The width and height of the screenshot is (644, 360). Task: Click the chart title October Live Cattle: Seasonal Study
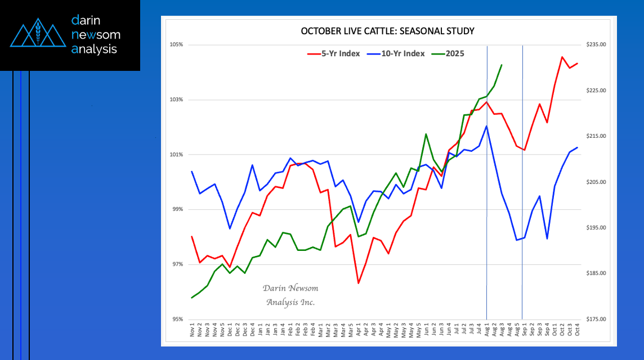point(388,31)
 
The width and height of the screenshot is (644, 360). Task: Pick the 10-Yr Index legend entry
point(396,53)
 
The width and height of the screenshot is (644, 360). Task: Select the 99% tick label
point(177,209)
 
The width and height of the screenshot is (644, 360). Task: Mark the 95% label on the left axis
point(177,319)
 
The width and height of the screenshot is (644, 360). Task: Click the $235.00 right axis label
point(596,44)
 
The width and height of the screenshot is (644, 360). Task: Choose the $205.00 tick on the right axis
point(596,182)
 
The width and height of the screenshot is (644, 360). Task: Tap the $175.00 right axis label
point(596,319)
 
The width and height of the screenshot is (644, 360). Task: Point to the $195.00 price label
point(596,228)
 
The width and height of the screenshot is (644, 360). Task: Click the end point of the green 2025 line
point(501,65)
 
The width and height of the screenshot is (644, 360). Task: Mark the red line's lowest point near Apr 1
point(359,283)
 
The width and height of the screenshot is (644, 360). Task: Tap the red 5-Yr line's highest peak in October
point(562,57)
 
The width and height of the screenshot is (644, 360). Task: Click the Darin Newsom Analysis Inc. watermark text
point(290,295)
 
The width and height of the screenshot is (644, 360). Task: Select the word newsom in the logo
point(96,35)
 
